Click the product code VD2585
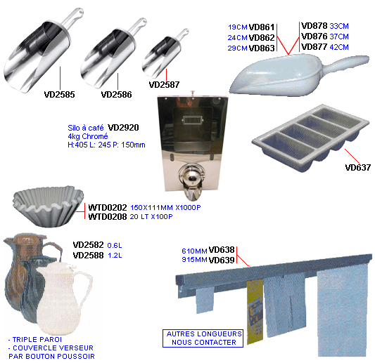click(x=59, y=95)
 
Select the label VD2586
click(x=116, y=95)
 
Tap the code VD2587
click(x=164, y=84)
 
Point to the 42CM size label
click(x=339, y=47)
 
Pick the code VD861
click(x=262, y=27)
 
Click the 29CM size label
click(x=237, y=48)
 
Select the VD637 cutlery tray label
click(x=358, y=168)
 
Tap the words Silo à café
click(x=86, y=128)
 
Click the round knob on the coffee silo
click(x=192, y=177)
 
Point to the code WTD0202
click(x=108, y=207)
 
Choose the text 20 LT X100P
click(x=151, y=217)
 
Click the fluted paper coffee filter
click(x=49, y=206)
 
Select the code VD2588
click(x=88, y=256)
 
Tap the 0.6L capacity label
click(x=115, y=245)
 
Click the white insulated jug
click(x=63, y=298)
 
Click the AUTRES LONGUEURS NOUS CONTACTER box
click(x=203, y=338)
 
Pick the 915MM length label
click(x=194, y=260)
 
